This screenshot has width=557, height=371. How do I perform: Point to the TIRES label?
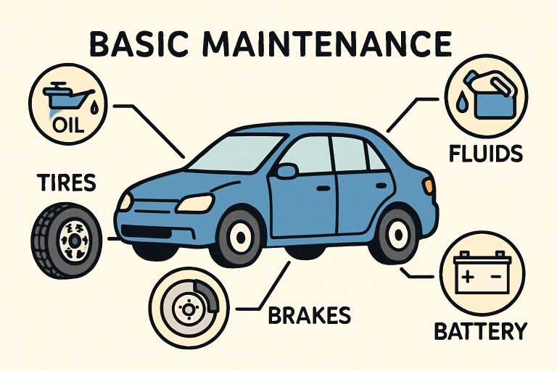coord(67,183)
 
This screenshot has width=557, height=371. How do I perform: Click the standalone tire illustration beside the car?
coord(67,241)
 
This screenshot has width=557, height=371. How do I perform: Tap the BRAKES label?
coord(310,315)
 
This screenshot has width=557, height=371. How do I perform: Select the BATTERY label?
coord(481,331)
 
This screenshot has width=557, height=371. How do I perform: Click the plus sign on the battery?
coord(469,276)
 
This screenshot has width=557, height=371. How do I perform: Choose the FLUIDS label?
coord(486,154)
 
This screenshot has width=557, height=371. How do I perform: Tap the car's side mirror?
coord(286,170)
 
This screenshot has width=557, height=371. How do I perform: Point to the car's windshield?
coord(236,153)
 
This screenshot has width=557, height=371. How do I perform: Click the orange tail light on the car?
coord(429,186)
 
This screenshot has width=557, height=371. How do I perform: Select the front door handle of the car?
coord(323,188)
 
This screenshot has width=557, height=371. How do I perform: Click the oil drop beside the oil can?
coord(94,108)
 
